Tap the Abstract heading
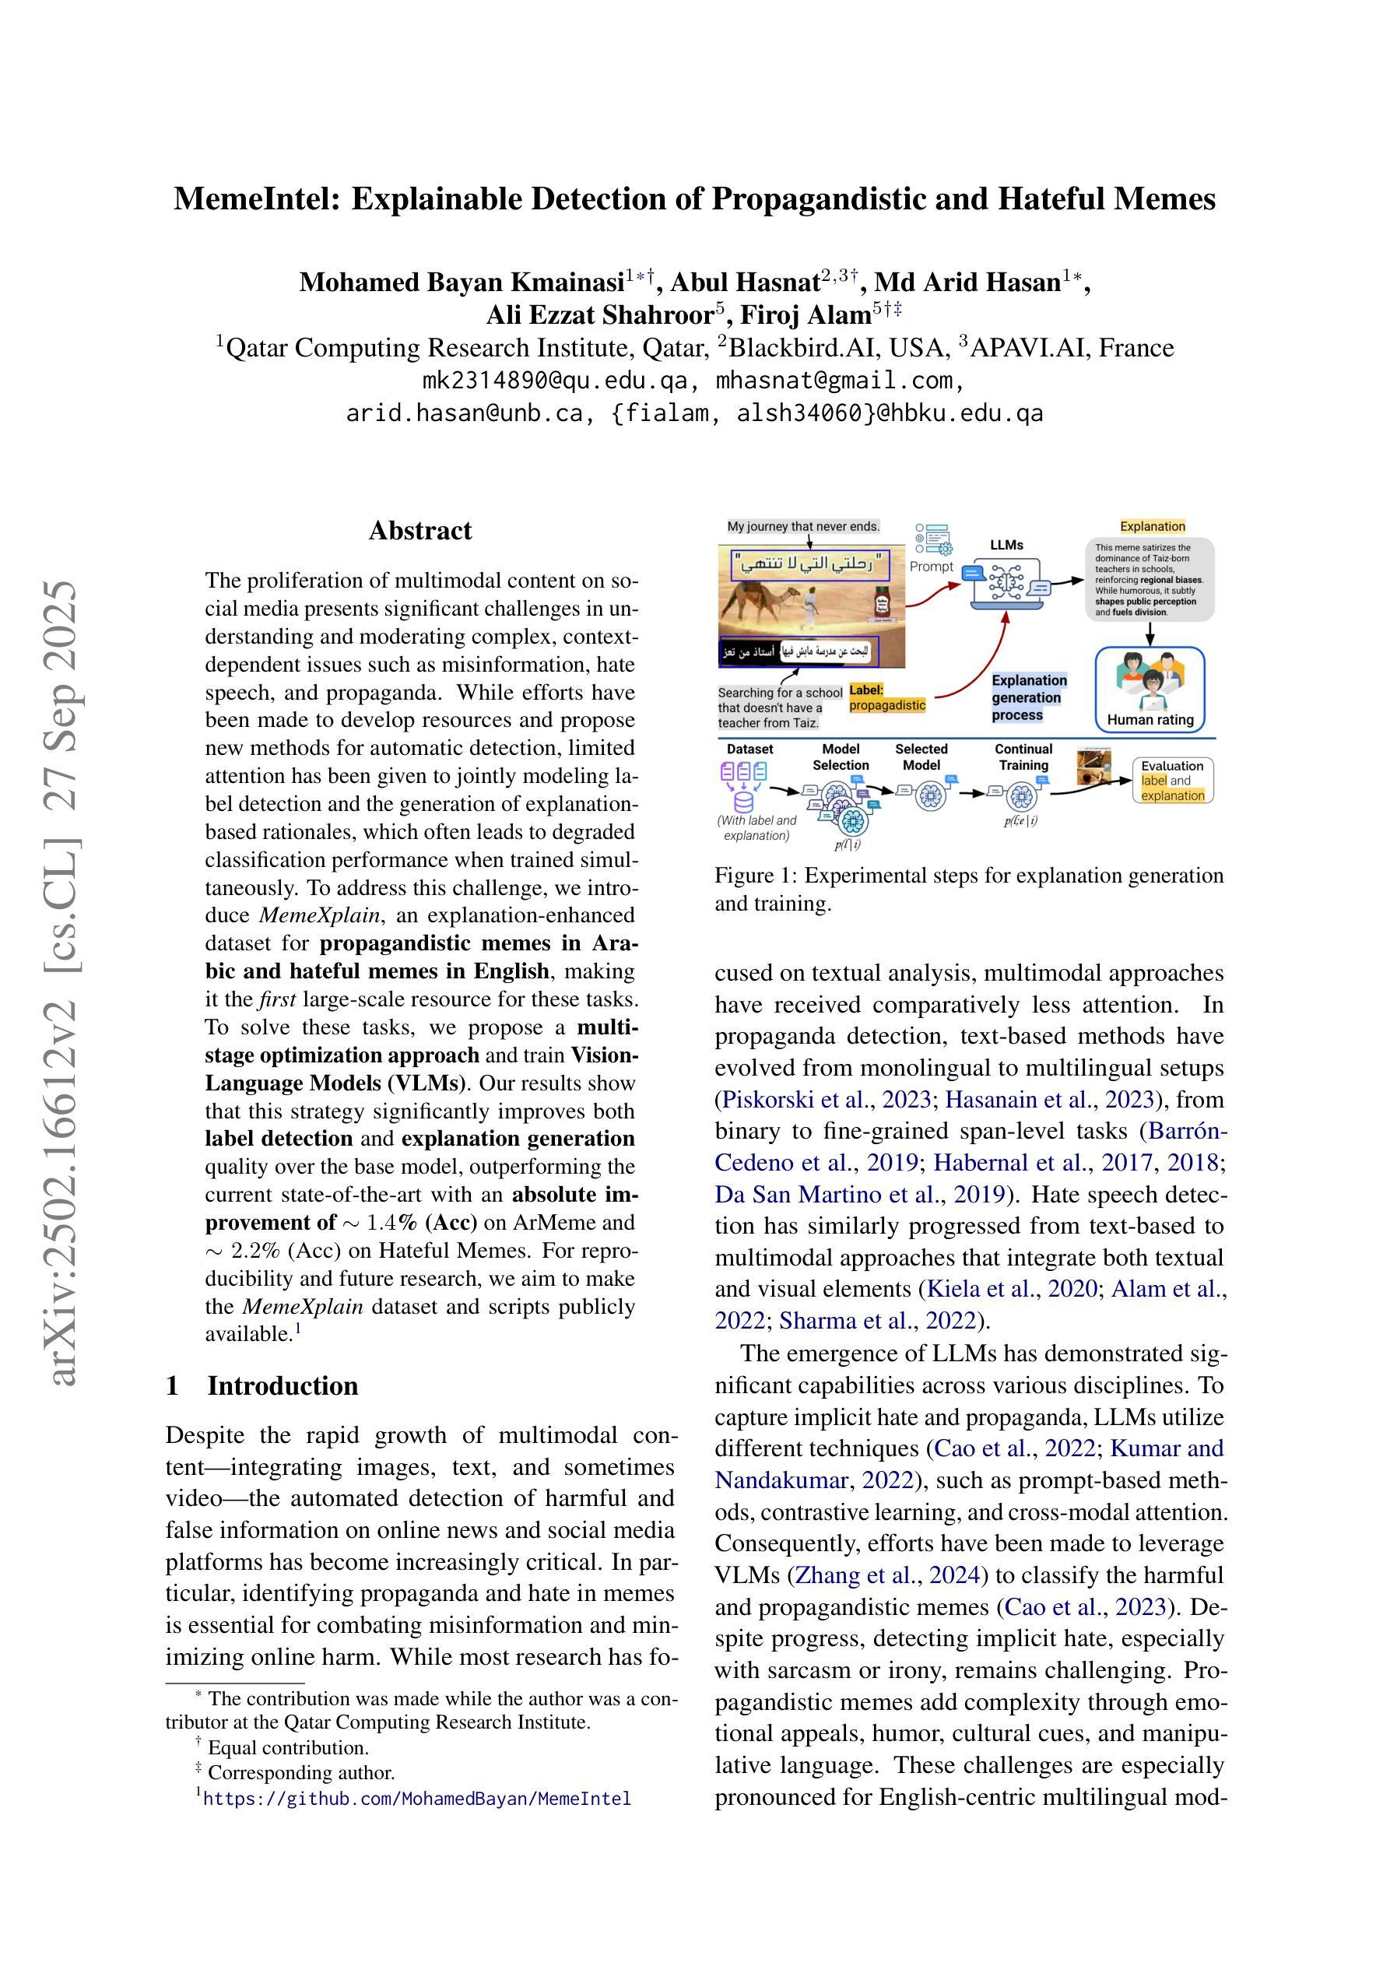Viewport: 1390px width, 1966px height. pos(419,531)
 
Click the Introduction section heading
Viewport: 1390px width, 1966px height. pos(282,1385)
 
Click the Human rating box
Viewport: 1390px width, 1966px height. pos(1150,689)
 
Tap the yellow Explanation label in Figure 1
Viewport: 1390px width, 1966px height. pos(1152,527)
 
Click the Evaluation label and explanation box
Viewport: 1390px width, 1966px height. pos(1172,780)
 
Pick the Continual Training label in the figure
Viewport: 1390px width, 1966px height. pos(1023,757)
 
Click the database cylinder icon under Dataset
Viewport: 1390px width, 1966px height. pos(743,802)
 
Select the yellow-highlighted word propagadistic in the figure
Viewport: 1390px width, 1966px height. pos(887,706)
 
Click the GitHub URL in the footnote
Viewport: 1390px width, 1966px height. pos(416,1798)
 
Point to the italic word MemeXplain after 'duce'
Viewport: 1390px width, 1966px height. pos(319,915)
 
